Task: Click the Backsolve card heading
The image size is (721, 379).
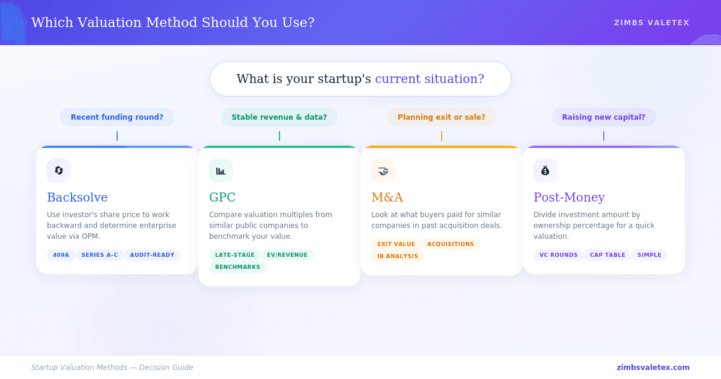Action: click(78, 197)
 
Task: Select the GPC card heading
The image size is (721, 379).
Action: click(222, 197)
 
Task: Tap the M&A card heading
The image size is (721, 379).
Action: click(387, 197)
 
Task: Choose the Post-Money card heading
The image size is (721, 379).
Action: click(569, 197)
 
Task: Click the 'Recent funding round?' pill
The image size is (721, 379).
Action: click(117, 117)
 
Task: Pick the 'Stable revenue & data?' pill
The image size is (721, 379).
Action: click(279, 117)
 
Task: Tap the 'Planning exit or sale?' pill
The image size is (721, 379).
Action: click(442, 117)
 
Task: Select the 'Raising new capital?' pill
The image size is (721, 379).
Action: click(604, 117)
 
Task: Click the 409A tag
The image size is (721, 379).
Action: click(61, 255)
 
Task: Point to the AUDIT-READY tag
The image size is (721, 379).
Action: click(152, 255)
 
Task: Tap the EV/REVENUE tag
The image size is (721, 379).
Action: click(287, 255)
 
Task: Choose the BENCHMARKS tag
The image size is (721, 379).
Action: click(237, 267)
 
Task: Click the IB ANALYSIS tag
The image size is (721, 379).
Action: click(398, 256)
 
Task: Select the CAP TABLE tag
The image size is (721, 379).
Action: click(607, 255)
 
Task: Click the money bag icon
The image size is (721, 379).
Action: click(545, 171)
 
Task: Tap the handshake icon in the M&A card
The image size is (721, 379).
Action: click(383, 171)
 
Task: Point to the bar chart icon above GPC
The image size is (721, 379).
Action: click(221, 171)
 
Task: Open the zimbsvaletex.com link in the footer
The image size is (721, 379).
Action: click(653, 368)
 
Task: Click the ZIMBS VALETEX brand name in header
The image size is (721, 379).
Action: click(651, 23)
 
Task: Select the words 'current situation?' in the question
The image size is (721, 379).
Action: click(430, 79)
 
